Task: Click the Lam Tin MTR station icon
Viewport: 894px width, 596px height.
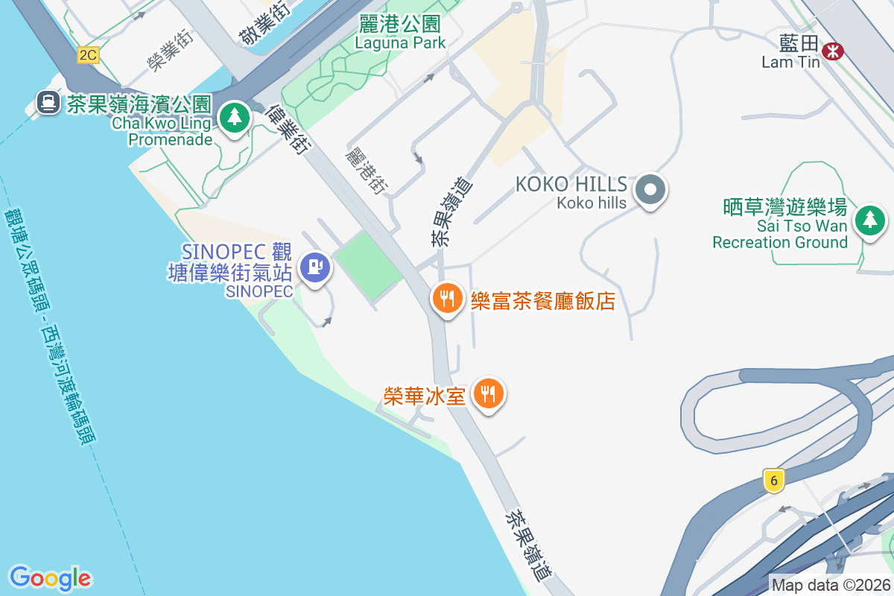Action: click(x=832, y=50)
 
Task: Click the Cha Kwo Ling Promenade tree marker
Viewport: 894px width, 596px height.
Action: click(x=235, y=117)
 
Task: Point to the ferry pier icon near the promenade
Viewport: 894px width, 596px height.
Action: click(x=48, y=101)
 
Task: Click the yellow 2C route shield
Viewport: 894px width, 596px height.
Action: click(x=88, y=54)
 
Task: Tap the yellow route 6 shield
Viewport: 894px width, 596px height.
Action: click(x=774, y=481)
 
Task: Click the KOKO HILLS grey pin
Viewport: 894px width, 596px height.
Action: click(x=650, y=189)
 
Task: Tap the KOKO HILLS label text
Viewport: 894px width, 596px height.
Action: click(x=571, y=184)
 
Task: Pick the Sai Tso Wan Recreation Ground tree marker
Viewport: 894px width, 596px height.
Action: click(x=869, y=220)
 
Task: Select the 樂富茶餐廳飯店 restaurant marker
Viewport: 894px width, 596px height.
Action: click(x=447, y=299)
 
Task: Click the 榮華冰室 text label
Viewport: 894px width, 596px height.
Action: click(x=425, y=396)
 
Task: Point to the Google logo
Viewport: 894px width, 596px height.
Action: click(x=50, y=577)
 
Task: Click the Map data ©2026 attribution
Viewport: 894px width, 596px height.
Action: click(x=831, y=585)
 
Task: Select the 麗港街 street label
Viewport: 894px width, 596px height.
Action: click(x=363, y=169)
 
